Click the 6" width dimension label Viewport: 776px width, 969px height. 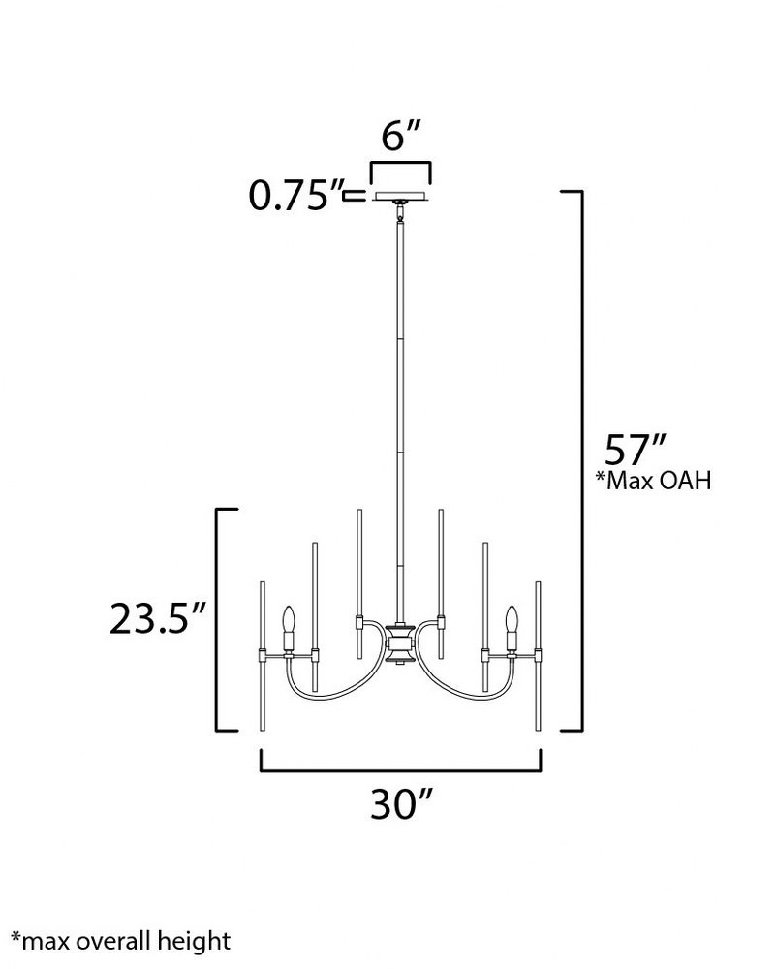click(401, 136)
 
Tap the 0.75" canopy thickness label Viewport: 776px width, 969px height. click(295, 196)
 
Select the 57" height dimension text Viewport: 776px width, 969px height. click(635, 450)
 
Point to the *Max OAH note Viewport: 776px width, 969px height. click(654, 481)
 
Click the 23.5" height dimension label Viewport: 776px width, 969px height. click(157, 618)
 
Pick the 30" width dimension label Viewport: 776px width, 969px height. click(400, 804)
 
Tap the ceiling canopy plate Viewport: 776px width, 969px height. click(401, 197)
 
